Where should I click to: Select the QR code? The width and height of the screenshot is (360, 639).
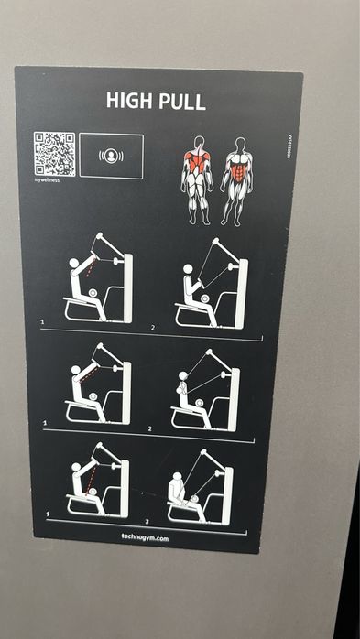coord(53,153)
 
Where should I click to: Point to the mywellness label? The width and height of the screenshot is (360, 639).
coord(48,181)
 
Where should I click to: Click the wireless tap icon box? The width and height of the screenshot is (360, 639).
coord(111,155)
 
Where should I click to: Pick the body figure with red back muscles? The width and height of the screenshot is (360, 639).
coord(196,180)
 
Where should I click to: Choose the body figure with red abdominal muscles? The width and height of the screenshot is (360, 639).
coord(237,180)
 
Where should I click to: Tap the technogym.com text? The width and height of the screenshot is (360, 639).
coord(145,539)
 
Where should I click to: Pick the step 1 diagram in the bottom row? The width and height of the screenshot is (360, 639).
coord(96,481)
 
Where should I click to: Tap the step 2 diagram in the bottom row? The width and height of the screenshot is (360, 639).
coord(200,485)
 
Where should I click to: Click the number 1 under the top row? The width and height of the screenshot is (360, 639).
coord(42,322)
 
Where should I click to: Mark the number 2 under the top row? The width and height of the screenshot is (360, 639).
coord(153,326)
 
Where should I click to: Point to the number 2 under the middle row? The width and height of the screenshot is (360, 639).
coord(150,427)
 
